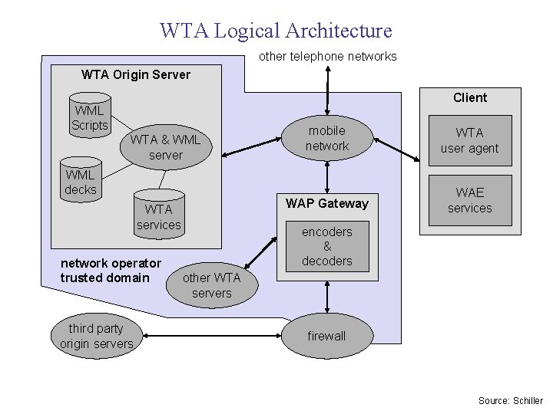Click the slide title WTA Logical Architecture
[x=276, y=31]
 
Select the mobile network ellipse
[x=327, y=139]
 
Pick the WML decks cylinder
[x=81, y=182]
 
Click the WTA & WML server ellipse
[x=165, y=147]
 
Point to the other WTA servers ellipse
[x=211, y=285]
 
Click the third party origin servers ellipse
[x=97, y=336]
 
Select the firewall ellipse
[x=326, y=336]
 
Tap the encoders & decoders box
[x=327, y=246]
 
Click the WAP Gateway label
[x=327, y=203]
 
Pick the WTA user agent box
[x=469, y=141]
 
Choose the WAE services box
[x=469, y=200]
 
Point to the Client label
[x=469, y=97]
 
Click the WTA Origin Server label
[x=135, y=74]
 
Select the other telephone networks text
[x=327, y=56]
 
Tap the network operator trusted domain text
[x=111, y=271]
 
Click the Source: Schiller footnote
[x=510, y=401]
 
